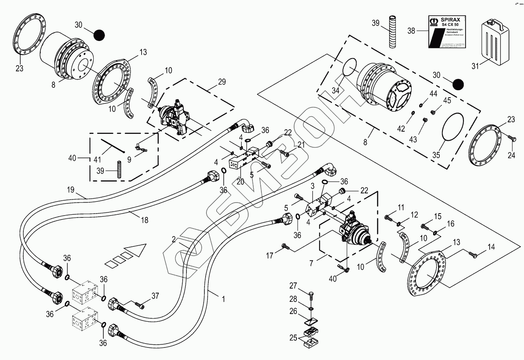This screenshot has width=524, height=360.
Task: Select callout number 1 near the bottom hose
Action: pyautogui.click(x=223, y=299)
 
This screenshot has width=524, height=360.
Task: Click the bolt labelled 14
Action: pyautogui.click(x=473, y=255)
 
